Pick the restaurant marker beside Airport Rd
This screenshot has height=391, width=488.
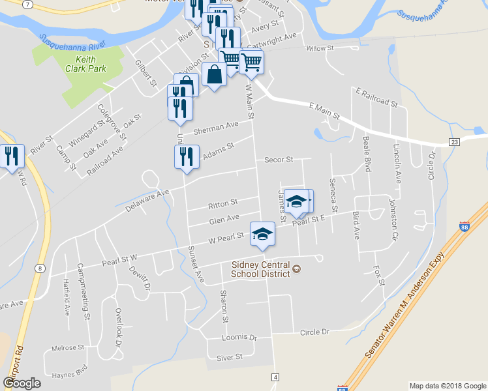pos(11,156)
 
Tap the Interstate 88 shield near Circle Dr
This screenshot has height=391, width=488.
pos(464,227)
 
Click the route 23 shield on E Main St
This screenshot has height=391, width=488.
pos(455,141)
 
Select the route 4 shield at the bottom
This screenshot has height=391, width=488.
pos(275,377)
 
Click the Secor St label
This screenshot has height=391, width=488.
pos(279,159)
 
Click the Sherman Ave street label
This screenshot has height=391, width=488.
pos(221,126)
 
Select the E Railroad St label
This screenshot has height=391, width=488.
pos(375,97)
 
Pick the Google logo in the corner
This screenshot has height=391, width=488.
pos(22,383)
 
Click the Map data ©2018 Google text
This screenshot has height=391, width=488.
pos(447,386)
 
